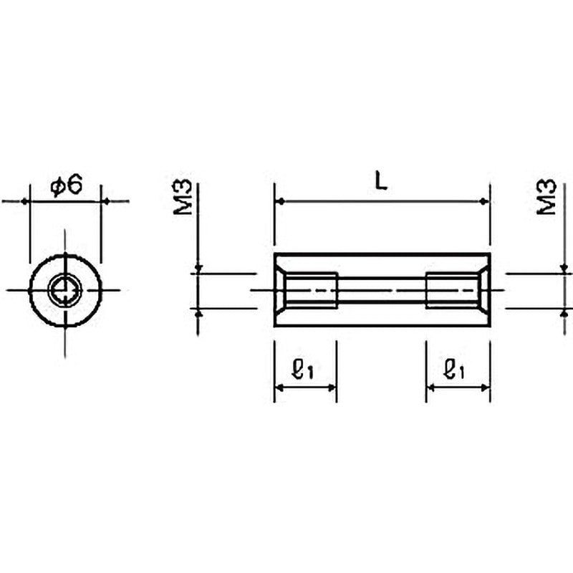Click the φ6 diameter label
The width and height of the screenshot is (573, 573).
pyautogui.click(x=67, y=186)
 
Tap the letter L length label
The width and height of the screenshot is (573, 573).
pyautogui.click(x=382, y=182)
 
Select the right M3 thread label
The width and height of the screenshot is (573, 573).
pyautogui.click(x=546, y=196)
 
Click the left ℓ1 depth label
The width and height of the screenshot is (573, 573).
pyautogui.click(x=303, y=369)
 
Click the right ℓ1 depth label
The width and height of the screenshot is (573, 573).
pyautogui.click(x=453, y=369)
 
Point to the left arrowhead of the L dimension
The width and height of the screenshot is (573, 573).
pyautogui.click(x=280, y=201)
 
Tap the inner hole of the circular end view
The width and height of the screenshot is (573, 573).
pyautogui.click(x=65, y=291)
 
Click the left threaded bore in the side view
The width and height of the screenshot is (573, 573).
pyautogui.click(x=310, y=291)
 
